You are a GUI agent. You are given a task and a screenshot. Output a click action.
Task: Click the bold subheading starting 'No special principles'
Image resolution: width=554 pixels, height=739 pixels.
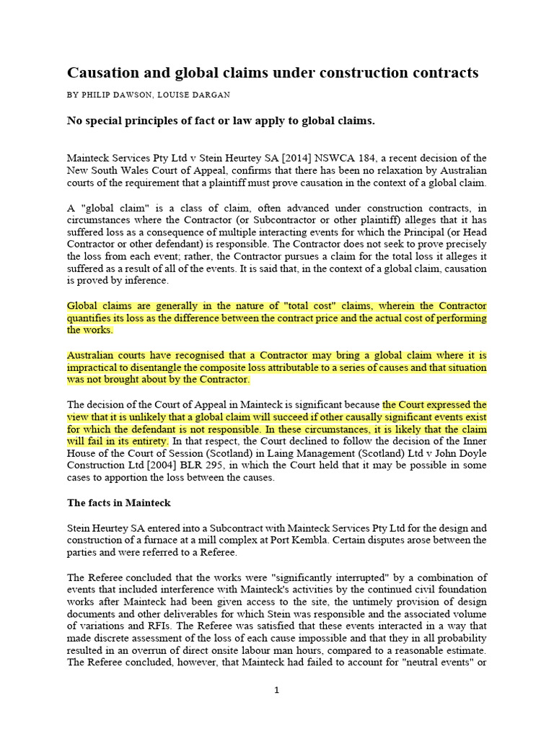pyautogui.click(x=221, y=121)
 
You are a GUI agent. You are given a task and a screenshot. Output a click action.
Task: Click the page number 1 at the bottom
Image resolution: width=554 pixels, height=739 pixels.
pyautogui.click(x=276, y=690)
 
